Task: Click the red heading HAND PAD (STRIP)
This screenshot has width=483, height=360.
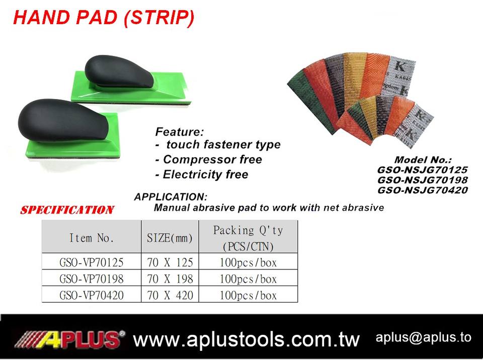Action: (104, 18)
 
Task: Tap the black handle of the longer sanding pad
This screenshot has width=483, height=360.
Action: (119, 71)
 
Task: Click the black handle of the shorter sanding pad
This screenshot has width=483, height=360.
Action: (63, 120)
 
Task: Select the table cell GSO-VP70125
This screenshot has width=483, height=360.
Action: (91, 262)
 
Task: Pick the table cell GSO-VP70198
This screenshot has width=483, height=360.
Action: (91, 278)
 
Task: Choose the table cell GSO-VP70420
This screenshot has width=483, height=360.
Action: (91, 295)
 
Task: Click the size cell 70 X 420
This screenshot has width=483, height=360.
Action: (170, 295)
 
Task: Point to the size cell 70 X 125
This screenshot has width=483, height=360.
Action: (170, 262)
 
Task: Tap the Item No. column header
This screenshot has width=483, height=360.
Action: (92, 238)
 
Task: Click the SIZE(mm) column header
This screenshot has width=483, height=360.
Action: (170, 238)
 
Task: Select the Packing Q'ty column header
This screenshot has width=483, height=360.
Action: (248, 238)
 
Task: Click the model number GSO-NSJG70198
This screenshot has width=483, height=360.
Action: (423, 180)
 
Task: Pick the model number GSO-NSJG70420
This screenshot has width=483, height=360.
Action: (423, 190)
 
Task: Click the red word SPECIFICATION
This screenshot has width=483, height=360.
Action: (67, 210)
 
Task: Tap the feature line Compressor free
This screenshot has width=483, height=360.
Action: (208, 159)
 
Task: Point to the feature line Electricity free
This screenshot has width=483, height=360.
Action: (202, 174)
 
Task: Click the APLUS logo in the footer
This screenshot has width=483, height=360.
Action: (69, 339)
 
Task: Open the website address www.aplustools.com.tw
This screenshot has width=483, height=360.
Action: (247, 339)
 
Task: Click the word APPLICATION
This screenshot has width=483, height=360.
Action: (171, 197)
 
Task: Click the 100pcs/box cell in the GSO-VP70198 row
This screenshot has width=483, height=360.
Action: (248, 278)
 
